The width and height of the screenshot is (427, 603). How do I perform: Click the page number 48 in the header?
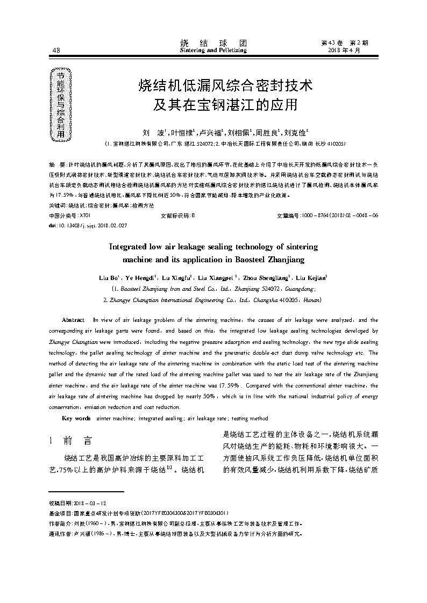56,51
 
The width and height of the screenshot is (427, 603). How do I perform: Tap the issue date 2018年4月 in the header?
344,50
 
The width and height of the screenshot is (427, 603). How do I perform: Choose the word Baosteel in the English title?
254,260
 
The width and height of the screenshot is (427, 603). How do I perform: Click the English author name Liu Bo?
108,278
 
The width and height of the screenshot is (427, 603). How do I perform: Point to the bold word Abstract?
73,320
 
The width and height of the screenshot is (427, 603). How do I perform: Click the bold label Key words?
76,418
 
